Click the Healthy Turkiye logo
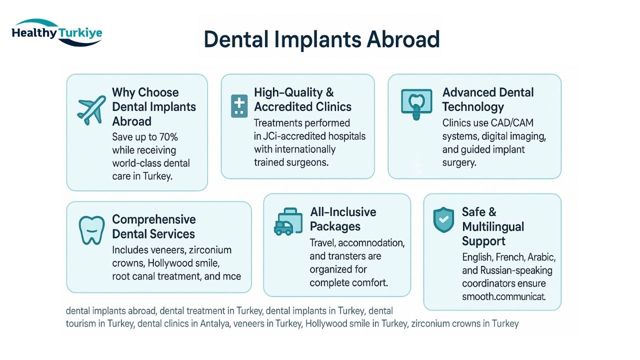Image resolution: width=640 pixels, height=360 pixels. point(57,32)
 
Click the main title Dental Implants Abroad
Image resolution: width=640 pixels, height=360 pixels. point(321,39)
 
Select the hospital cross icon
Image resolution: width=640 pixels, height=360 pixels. point(239,106)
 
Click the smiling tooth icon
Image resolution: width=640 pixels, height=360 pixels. point(91,230)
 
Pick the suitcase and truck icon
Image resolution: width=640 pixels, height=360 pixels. point(288,221)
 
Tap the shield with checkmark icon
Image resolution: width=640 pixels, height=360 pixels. point(443,219)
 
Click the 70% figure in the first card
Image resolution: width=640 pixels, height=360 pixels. point(168,137)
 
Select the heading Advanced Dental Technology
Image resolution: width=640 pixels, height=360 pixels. point(488,99)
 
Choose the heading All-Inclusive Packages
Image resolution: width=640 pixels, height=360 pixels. point(343,219)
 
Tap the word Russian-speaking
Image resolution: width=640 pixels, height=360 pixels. point(516,270)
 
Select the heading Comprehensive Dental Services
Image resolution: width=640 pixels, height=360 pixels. point(154,226)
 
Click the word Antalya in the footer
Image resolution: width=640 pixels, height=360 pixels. point(214,323)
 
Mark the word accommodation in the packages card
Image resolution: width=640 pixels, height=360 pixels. point(371,243)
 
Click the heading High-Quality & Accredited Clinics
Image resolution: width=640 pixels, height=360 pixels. point(302,99)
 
